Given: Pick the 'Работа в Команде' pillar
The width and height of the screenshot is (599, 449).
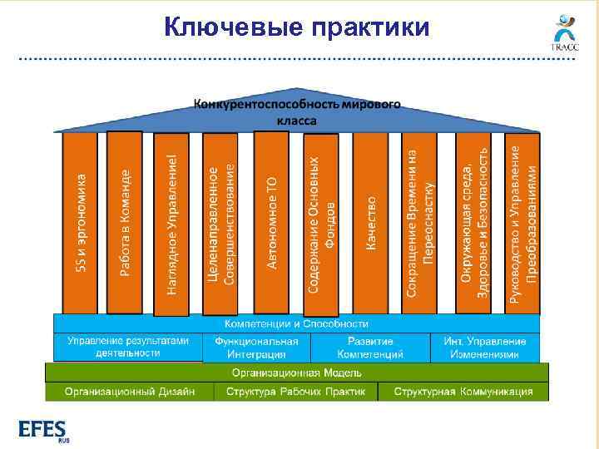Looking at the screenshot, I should point(124,223).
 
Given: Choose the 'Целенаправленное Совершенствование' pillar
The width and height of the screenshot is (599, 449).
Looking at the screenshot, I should point(220,223).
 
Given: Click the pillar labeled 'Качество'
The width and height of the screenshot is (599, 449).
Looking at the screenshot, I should point(370,223).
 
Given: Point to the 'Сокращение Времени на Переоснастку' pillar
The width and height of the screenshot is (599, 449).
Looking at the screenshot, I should point(420,223).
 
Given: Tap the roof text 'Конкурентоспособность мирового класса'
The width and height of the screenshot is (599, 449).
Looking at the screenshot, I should point(297,111).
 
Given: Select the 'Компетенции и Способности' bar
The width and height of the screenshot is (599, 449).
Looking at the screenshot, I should point(296,323).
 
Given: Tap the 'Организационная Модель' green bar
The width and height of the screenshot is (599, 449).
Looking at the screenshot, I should point(296,373).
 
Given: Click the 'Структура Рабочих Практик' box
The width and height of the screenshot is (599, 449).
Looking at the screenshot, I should point(295,392).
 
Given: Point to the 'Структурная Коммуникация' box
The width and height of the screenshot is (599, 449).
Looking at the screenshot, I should point(463,392).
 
